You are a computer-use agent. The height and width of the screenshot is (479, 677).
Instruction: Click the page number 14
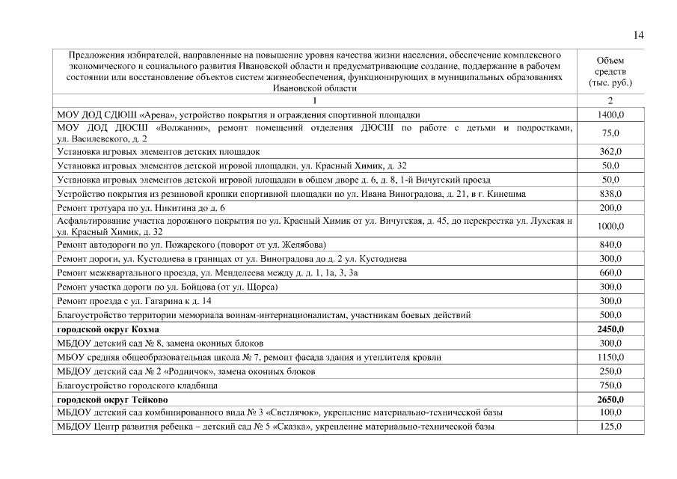[x=638, y=35]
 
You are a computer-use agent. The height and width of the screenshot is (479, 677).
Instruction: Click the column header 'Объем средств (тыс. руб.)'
[x=610, y=71]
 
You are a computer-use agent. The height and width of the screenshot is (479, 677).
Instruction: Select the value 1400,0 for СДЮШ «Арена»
[x=610, y=115]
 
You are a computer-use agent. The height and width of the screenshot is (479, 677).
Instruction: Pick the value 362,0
[x=610, y=151]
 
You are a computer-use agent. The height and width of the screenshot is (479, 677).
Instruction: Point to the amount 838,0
[x=610, y=194]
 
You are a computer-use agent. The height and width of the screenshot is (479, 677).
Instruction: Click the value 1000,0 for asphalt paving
[x=610, y=226]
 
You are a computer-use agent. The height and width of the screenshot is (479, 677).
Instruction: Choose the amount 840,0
[x=610, y=245]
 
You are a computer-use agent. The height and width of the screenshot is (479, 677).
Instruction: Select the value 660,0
[x=610, y=272]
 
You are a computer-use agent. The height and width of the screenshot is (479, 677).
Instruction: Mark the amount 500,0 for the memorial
[x=610, y=315]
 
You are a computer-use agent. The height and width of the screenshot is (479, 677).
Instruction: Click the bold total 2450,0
[x=610, y=329]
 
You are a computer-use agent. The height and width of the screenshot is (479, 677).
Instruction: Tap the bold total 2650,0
[x=610, y=400]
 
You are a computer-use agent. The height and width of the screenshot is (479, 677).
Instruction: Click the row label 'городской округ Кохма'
[x=108, y=329]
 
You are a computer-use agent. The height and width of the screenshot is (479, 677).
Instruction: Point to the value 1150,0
[x=610, y=357]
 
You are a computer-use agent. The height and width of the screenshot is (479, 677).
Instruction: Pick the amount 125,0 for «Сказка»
[x=610, y=427]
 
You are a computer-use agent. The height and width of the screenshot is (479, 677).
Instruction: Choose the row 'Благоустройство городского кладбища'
[x=138, y=385]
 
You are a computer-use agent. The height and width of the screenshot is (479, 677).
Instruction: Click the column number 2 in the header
[x=610, y=100]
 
